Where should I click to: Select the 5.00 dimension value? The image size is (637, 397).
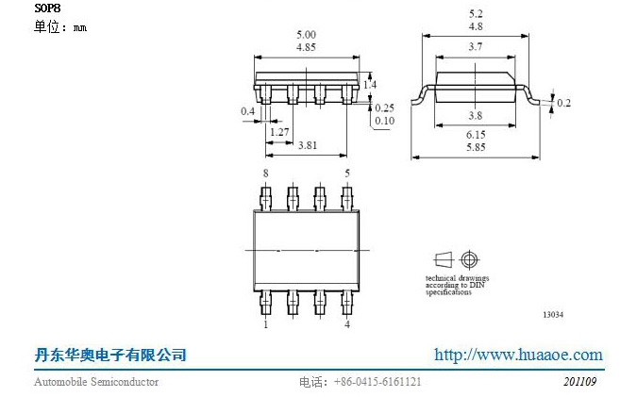pos(306,34)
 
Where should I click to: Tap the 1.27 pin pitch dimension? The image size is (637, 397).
pos(279,132)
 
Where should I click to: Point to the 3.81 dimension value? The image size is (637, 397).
pos(306,146)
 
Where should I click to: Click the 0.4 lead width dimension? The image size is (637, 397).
pos(247,111)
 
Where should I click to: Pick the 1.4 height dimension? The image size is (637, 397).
pos(370,85)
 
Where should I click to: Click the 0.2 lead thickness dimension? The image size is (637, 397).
pos(563,103)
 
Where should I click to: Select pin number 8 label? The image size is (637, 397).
pos(265,174)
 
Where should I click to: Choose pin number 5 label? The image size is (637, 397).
pos(347,174)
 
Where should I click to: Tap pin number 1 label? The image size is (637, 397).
pos(265,324)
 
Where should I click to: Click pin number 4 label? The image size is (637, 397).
pos(347,324)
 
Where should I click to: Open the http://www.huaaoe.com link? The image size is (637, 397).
pos(517,356)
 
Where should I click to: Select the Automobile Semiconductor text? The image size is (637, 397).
pos(96,382)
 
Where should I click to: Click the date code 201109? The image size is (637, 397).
pos(579,382)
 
